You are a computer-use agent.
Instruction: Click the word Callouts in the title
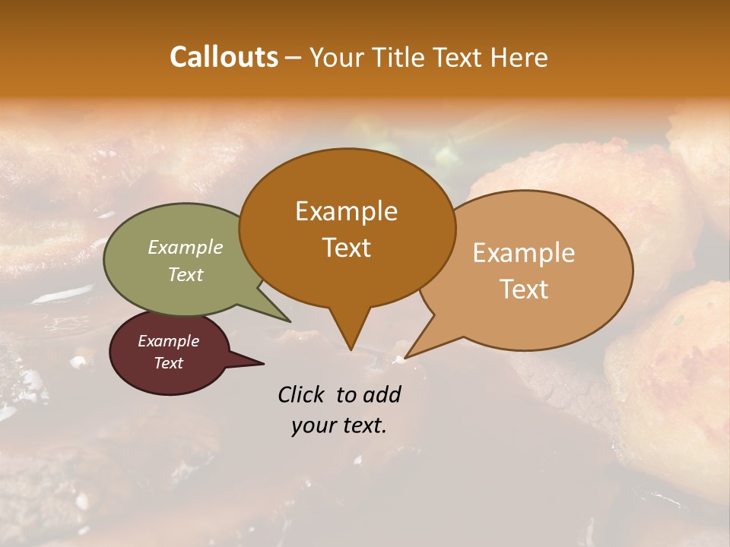(x=224, y=57)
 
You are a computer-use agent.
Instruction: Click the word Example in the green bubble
(x=186, y=248)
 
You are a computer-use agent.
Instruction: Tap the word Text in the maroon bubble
(x=169, y=363)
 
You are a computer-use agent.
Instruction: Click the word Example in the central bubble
(x=346, y=211)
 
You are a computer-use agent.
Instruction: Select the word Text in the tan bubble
(x=524, y=289)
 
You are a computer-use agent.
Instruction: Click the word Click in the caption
(x=302, y=394)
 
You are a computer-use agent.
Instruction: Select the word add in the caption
(x=382, y=394)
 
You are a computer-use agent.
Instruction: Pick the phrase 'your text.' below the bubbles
(x=339, y=425)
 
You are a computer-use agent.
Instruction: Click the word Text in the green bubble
(x=186, y=274)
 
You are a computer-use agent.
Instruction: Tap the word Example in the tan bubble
(x=524, y=253)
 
